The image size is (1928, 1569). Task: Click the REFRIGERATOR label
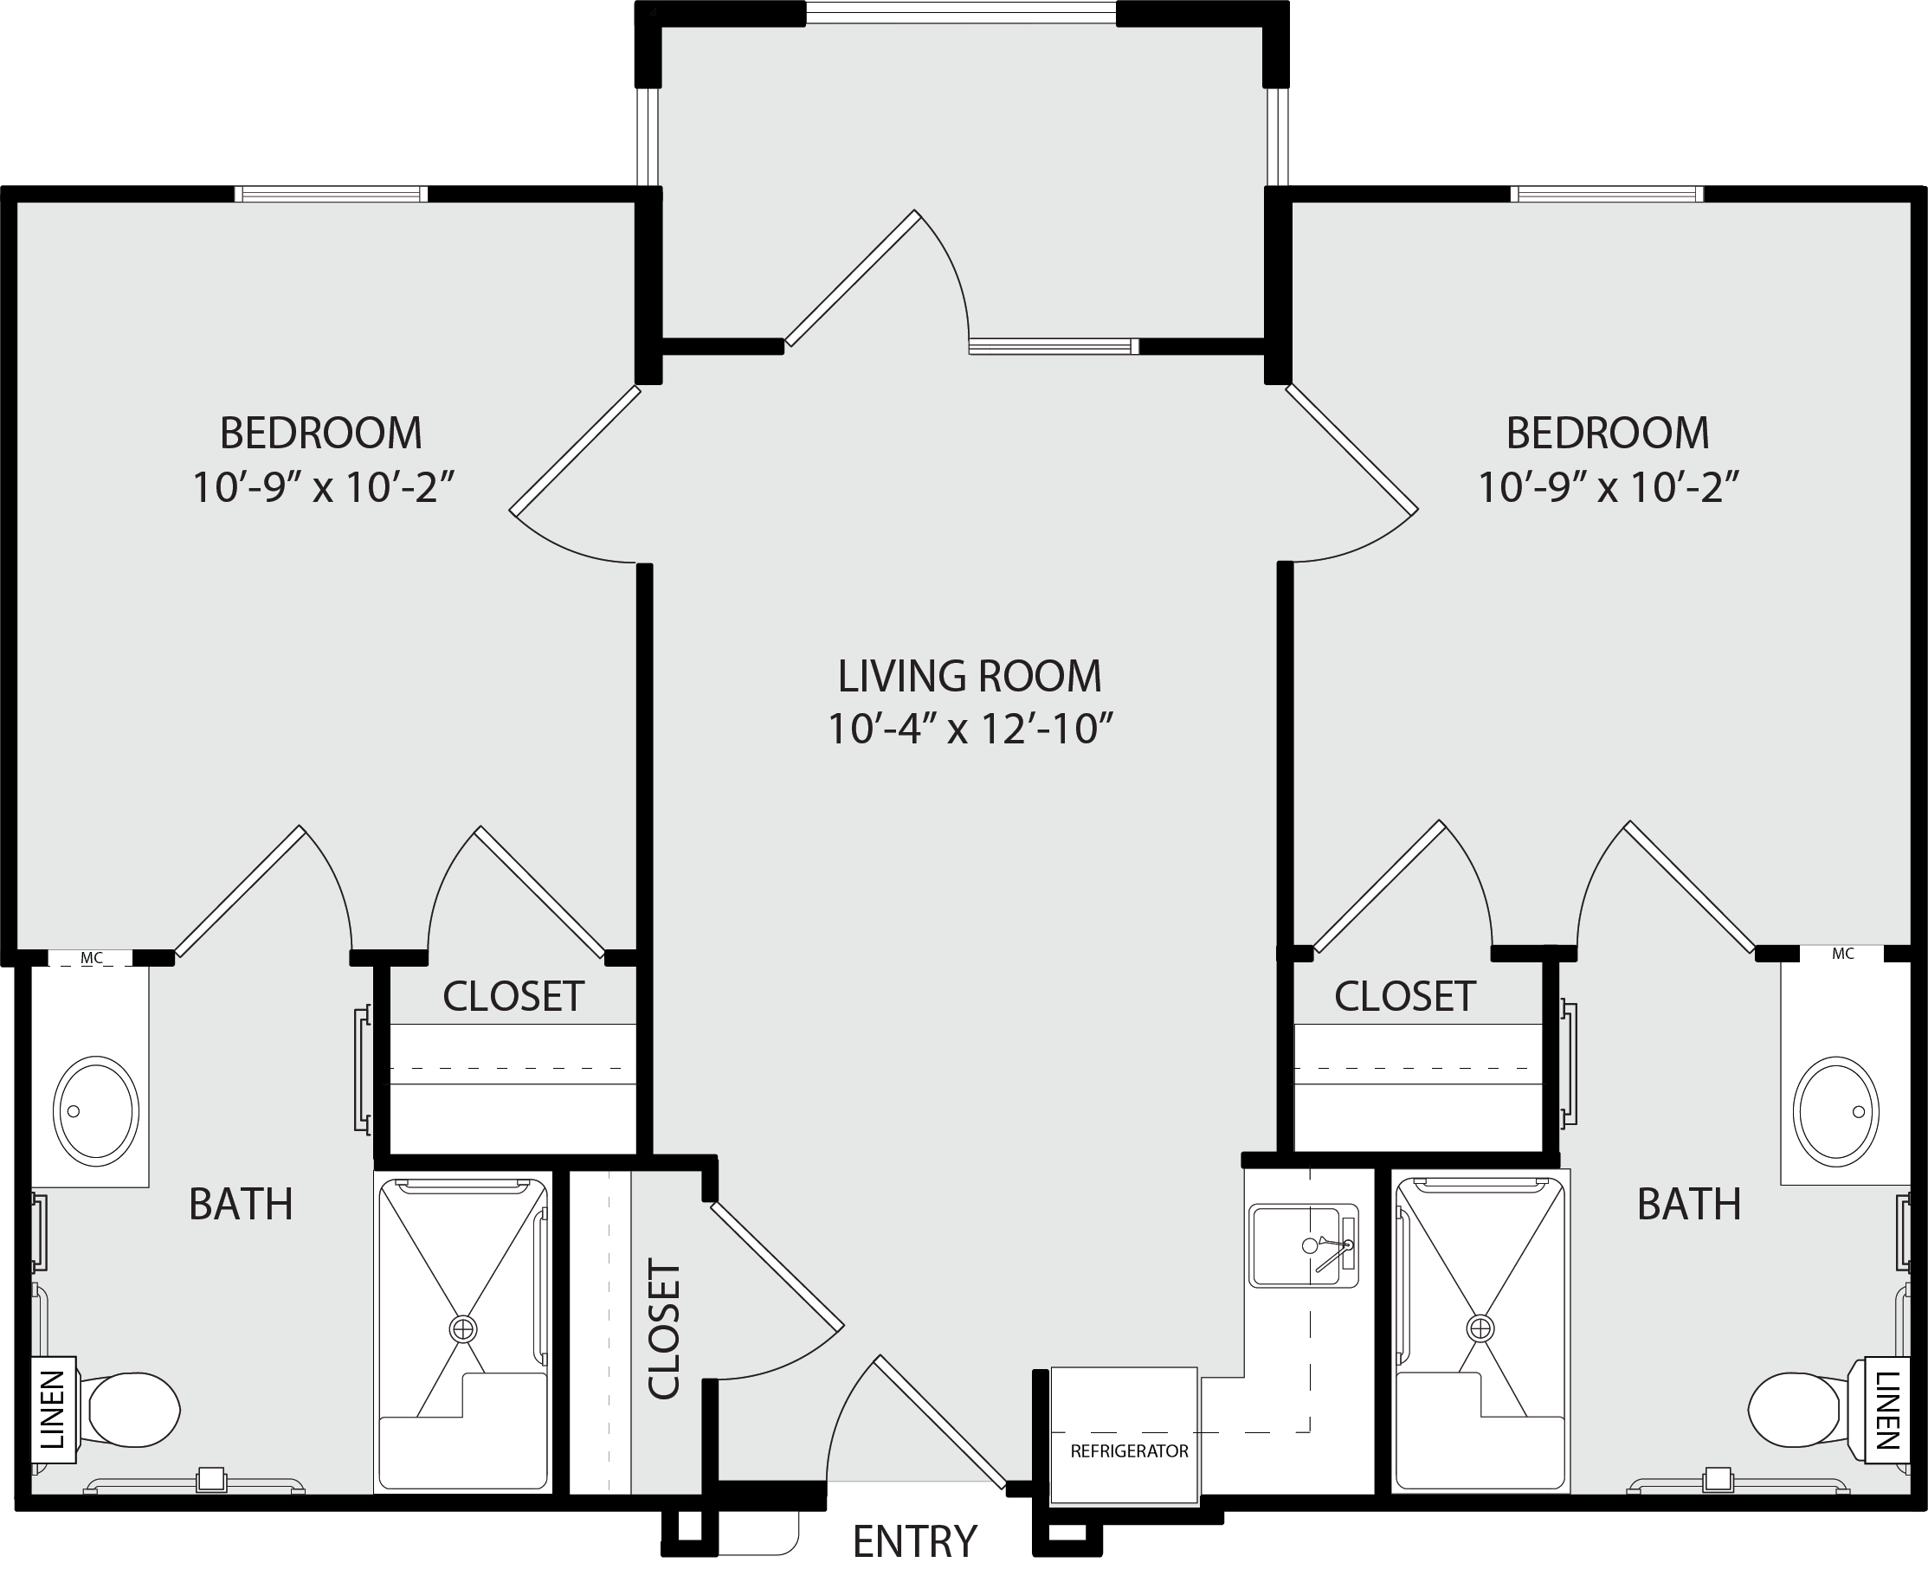click(1129, 1451)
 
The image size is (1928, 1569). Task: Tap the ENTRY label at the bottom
click(915, 1541)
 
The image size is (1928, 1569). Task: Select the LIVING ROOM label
click(969, 676)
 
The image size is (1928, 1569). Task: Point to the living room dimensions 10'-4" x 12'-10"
click(969, 729)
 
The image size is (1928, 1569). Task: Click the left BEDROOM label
click(321, 433)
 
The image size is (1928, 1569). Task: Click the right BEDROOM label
click(1607, 433)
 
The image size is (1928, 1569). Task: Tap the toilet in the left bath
click(130, 1409)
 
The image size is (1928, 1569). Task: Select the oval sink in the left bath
click(96, 1111)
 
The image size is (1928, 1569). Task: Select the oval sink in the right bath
click(1836, 1111)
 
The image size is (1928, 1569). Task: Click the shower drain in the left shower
click(463, 1328)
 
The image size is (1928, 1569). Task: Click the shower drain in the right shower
click(1480, 1328)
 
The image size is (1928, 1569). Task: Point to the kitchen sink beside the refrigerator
click(1304, 1246)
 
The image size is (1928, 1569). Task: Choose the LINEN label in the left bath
click(54, 1410)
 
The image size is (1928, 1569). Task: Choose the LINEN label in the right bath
click(1888, 1410)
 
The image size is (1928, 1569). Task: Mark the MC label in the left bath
click(91, 957)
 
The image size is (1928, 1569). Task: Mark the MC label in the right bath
click(1843, 954)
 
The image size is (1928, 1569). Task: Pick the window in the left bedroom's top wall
click(331, 193)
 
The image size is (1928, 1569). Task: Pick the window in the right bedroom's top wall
click(1606, 193)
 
